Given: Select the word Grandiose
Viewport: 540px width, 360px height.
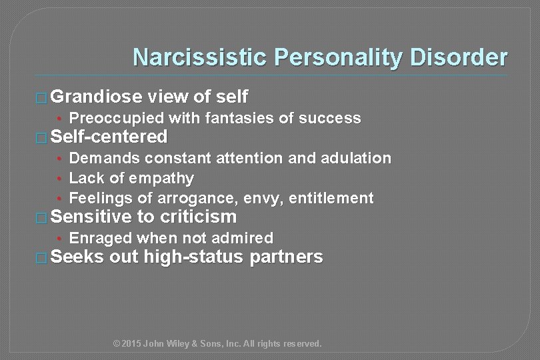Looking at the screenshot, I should (x=96, y=97).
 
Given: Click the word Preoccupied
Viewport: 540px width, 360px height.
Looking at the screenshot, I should (x=117, y=119).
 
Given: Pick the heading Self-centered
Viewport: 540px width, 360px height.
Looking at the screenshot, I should (x=109, y=137).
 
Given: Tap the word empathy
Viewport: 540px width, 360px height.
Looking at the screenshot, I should (x=161, y=179).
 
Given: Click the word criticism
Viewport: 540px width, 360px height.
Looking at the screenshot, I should (x=197, y=217).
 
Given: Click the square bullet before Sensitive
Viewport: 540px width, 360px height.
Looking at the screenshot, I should (x=41, y=217).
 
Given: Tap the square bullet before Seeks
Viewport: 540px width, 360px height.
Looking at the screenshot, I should (x=41, y=257).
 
